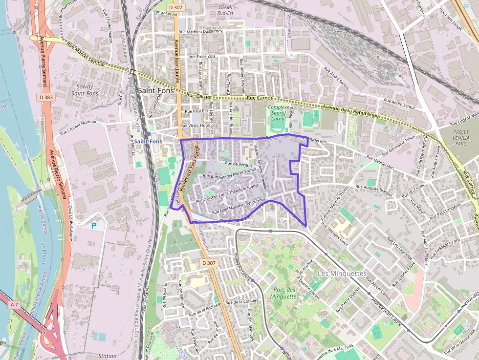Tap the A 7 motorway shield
[x=15, y=304]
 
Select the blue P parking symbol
[x=94, y=226]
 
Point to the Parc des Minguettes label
[x=283, y=293]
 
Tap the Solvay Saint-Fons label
[x=85, y=90]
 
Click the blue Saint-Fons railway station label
[x=148, y=141]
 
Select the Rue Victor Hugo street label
[x=195, y=126]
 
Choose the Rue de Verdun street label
[x=238, y=165]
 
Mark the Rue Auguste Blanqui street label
[x=374, y=187]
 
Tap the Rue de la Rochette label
[x=205, y=309]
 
